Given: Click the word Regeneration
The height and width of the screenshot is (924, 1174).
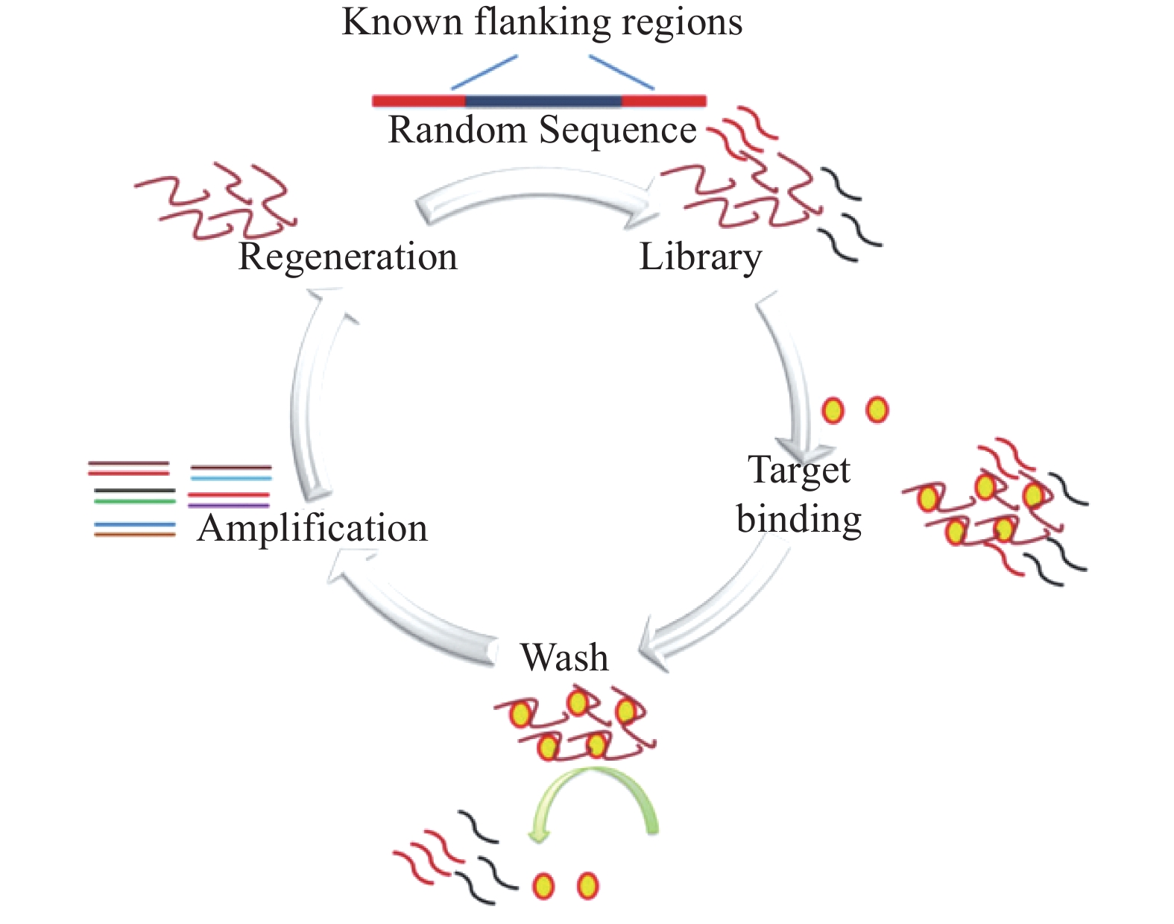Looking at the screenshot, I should [347, 257].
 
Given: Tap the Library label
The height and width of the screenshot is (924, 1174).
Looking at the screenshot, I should [701, 257].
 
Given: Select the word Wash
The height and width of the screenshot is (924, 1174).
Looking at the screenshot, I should [564, 658].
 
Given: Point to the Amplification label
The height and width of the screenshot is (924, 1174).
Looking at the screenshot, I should [313, 529].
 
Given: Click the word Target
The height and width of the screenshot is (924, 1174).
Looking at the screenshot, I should [798, 471].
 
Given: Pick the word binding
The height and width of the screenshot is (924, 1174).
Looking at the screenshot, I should [798, 519].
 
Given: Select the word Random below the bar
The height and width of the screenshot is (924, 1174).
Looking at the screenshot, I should [458, 130].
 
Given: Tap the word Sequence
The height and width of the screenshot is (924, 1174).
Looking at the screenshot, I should [618, 131].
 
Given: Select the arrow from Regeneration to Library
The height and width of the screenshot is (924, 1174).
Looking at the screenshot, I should [537, 190].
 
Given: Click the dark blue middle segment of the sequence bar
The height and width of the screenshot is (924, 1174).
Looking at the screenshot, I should [543, 101].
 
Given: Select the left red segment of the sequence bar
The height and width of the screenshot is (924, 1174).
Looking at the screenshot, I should [418, 101].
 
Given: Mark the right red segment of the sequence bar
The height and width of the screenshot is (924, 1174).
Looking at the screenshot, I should [664, 101].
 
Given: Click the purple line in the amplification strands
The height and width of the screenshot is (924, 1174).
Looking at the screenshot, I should [228, 506].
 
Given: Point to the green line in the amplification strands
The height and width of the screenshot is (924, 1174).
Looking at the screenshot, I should [135, 501].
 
